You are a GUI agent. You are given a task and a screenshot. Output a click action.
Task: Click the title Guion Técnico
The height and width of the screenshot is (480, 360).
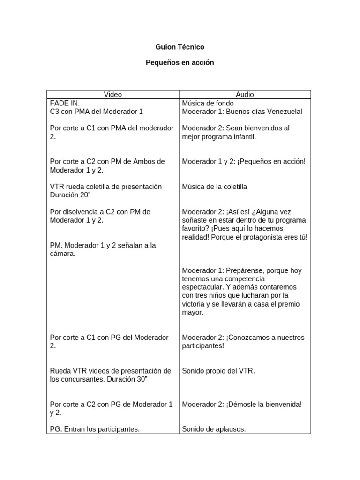180,47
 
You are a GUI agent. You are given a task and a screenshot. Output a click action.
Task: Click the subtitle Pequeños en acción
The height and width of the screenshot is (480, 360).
180,62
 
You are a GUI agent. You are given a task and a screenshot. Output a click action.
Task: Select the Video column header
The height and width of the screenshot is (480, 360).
112,95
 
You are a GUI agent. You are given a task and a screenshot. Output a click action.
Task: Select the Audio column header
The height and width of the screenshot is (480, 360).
245,95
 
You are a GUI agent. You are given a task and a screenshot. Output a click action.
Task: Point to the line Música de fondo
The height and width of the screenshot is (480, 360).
208,103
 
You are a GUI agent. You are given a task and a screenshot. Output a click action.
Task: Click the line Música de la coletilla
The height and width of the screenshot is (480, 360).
214,187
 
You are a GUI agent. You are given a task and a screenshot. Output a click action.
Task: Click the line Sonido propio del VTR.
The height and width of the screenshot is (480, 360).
218,371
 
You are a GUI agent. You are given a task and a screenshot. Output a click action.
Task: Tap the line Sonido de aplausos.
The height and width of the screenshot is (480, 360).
214,429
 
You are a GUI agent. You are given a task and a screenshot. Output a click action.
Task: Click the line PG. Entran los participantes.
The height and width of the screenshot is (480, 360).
95,429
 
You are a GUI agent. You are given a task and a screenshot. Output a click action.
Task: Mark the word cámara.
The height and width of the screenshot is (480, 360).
62,254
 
